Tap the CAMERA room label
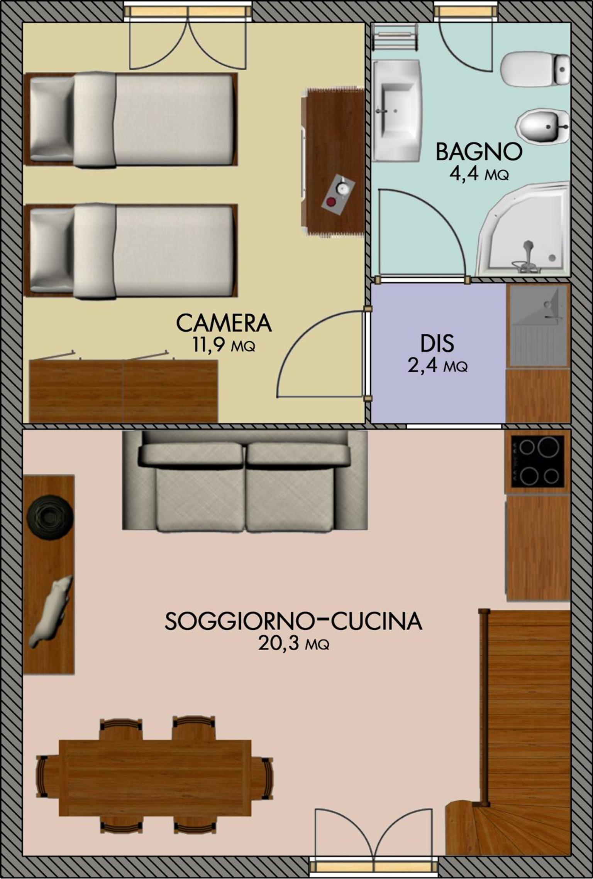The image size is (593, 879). (224, 323)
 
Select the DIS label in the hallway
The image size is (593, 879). (437, 343)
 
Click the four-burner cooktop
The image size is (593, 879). (538, 462)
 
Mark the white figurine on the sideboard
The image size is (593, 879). (51, 611)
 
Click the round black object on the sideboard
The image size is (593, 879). (50, 517)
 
